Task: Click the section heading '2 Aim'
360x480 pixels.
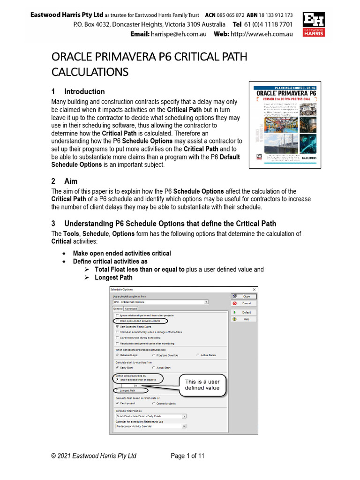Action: (x=64, y=181)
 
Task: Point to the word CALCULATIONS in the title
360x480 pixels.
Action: (x=90, y=72)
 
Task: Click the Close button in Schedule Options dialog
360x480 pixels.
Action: (x=243, y=296)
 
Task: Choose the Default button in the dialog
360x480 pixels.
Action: (x=243, y=312)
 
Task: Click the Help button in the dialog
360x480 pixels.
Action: (x=243, y=319)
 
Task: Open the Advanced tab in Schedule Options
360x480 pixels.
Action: (x=131, y=309)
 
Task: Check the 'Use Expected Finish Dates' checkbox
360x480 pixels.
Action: (x=117, y=326)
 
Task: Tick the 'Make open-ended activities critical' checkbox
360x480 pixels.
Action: (x=117, y=321)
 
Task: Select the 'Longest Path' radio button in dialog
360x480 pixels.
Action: (x=117, y=390)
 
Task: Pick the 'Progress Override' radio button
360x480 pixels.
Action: (x=154, y=355)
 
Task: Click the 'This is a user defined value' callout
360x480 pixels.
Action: (x=202, y=385)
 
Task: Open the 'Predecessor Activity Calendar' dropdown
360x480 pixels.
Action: (x=184, y=426)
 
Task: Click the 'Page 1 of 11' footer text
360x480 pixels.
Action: (x=187, y=456)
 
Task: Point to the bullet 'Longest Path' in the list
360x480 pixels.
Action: (x=113, y=277)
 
